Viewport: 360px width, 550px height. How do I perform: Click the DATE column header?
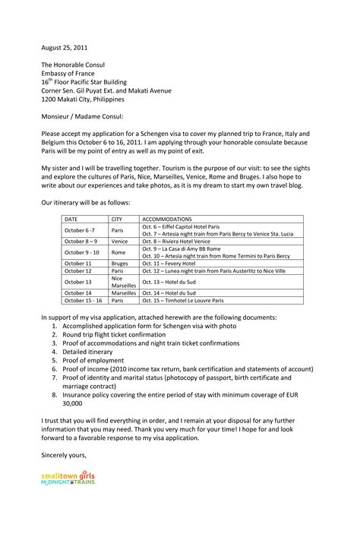73,219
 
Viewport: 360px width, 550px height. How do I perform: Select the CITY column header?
117,219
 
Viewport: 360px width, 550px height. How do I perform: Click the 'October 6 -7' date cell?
80,229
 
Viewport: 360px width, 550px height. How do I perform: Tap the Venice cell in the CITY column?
119,241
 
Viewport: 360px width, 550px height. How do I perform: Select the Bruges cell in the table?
120,263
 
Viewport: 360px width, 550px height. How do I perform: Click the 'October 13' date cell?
77,281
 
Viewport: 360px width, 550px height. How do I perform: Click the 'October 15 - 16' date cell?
83,300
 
